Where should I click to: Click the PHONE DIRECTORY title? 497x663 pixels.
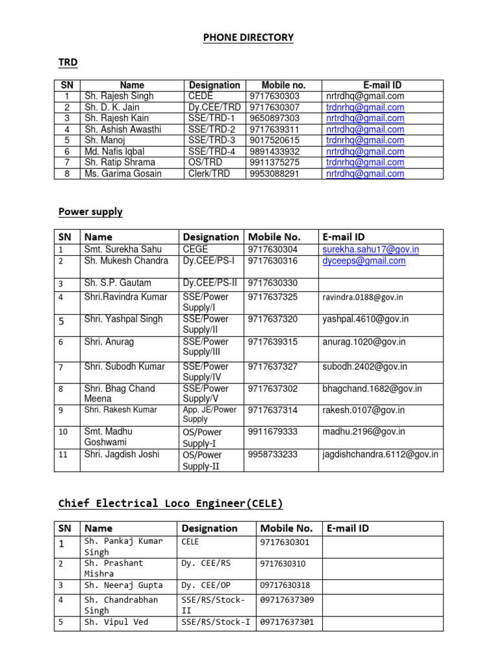pos(248,38)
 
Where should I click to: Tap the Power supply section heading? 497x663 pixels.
pos(90,212)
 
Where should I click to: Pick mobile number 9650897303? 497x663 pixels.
pos(274,118)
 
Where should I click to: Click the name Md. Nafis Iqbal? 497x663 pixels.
pos(116,152)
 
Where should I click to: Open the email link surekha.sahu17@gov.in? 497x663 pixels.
pos(370,249)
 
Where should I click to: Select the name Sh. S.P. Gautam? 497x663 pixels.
pos(118,283)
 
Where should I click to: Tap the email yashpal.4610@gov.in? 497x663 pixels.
pos(366,319)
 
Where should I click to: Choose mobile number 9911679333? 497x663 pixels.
pos(273,431)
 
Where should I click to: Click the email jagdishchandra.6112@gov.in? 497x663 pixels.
pos(381,455)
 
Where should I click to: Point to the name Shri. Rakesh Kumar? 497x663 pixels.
pos(120,410)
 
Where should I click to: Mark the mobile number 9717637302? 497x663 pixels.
pos(273,388)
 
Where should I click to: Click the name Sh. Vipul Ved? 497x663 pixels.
pos(116,622)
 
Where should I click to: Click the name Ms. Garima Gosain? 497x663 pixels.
pos(123,174)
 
